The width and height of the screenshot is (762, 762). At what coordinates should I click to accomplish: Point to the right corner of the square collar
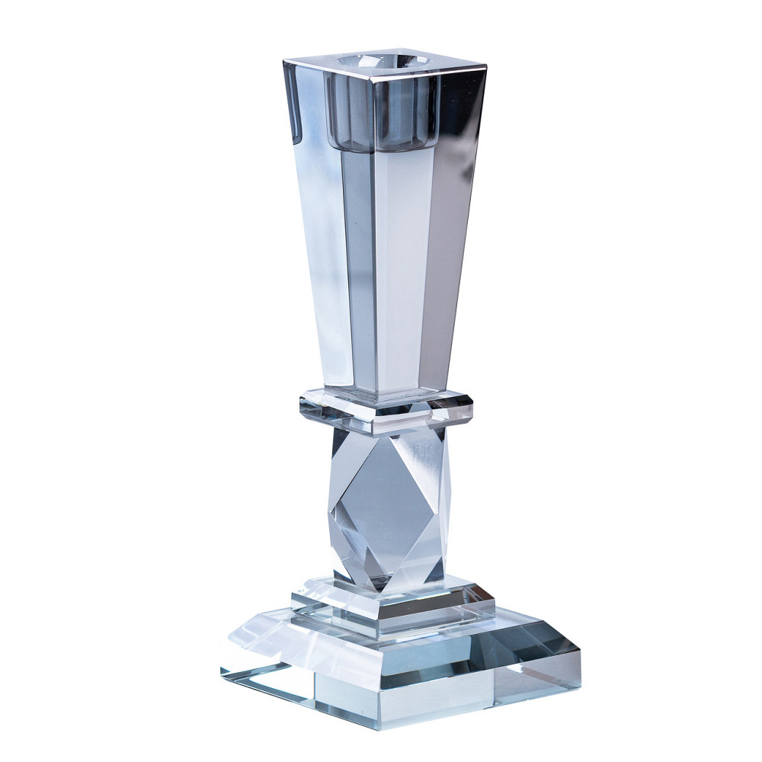pyautogui.click(x=472, y=405)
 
